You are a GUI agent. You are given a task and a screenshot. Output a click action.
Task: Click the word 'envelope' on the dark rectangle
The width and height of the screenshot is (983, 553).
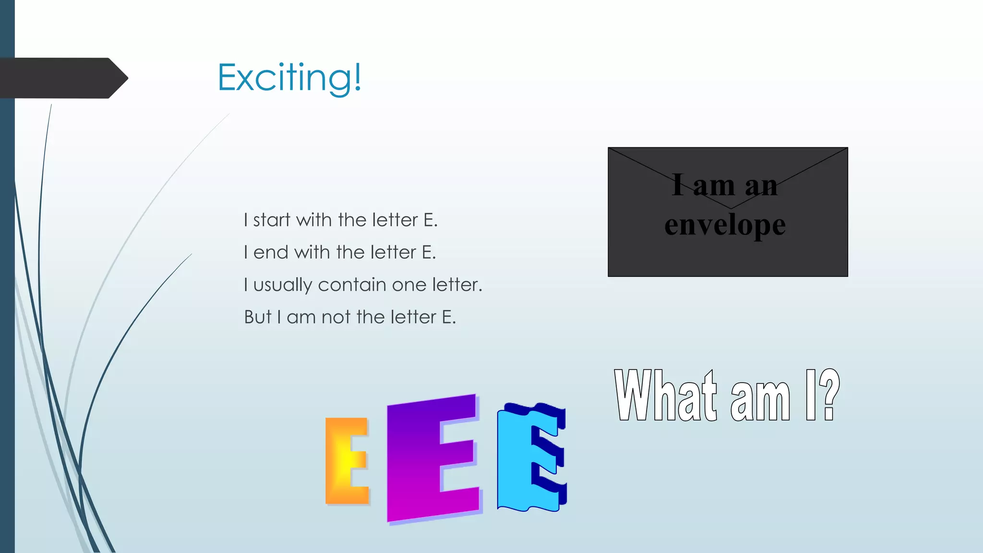click(725, 225)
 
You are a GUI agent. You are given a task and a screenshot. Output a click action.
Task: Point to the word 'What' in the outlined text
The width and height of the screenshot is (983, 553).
click(665, 396)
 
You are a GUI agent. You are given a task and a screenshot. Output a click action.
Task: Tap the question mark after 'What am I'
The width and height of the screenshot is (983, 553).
click(829, 396)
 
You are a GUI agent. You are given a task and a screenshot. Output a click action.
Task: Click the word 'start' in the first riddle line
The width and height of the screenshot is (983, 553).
click(272, 220)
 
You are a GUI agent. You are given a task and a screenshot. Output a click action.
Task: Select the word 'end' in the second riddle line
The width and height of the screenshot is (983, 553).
click(271, 252)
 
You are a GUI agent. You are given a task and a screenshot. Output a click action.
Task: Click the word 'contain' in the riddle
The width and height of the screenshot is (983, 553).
click(352, 285)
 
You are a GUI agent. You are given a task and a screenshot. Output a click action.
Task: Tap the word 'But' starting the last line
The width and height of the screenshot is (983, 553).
click(258, 317)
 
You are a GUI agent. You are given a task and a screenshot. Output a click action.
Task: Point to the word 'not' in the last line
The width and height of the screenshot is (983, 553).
click(336, 317)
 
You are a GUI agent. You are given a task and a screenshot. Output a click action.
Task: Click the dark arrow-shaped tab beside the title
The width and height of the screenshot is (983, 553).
click(62, 78)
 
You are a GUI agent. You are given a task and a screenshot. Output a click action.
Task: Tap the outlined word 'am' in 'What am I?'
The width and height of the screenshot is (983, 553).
click(760, 400)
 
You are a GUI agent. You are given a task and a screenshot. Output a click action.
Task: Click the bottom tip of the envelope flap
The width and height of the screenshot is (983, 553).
click(731, 208)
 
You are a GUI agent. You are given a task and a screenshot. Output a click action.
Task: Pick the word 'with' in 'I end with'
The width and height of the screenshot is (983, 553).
click(313, 252)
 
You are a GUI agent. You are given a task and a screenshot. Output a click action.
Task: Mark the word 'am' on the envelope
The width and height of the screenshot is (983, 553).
click(714, 186)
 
